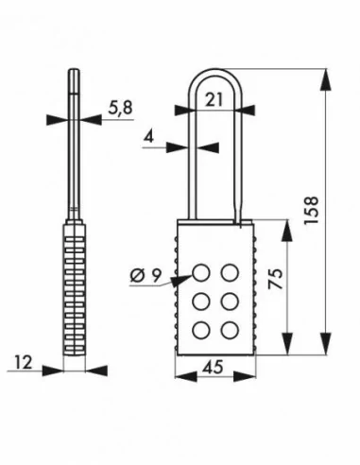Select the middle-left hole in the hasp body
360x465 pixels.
202,301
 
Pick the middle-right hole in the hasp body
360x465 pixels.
229,301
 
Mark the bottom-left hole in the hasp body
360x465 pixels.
202,329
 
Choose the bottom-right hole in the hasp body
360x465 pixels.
229,329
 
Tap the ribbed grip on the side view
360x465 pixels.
75,284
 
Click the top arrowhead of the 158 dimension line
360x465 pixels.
329,75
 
